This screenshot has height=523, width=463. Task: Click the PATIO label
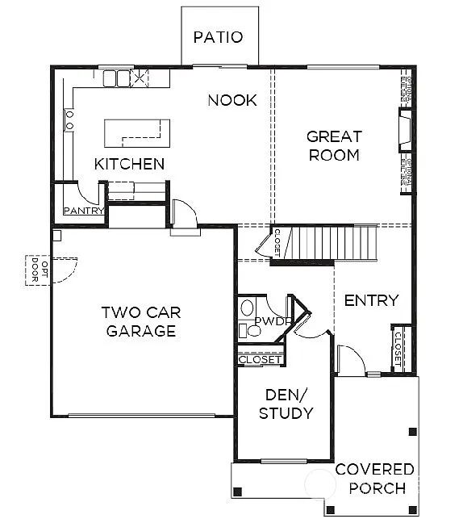(x=218, y=37)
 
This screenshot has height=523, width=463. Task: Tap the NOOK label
(x=232, y=100)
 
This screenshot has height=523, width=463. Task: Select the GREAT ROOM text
(x=333, y=145)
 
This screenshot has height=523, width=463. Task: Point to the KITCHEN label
(x=129, y=164)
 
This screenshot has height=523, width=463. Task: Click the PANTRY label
(x=83, y=211)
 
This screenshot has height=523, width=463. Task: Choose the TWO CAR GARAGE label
(x=140, y=321)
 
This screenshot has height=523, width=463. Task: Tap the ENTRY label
(x=371, y=300)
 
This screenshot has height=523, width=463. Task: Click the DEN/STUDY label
(x=285, y=404)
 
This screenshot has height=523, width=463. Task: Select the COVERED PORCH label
(x=375, y=479)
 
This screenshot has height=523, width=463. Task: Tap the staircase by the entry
(x=335, y=242)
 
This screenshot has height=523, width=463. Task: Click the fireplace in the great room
(x=403, y=129)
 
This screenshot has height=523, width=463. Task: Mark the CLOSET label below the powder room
(x=261, y=360)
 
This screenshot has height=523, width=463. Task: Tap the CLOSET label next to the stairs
(x=277, y=243)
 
